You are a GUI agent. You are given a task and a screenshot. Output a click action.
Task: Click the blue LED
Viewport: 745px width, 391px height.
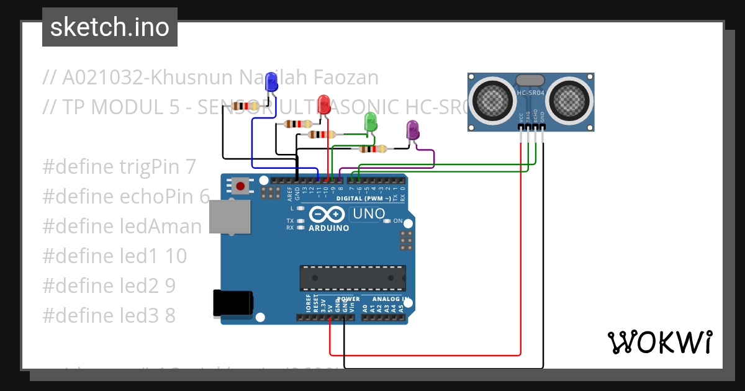coord(271,83)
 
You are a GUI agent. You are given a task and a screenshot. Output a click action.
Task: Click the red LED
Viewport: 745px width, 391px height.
coord(323,104)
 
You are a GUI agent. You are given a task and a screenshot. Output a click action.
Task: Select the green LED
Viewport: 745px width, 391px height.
coord(370,121)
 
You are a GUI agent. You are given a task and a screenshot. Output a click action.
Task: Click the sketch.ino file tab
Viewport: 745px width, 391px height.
coord(110,27)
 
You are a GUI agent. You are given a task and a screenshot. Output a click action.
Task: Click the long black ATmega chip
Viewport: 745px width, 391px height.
coord(353,278)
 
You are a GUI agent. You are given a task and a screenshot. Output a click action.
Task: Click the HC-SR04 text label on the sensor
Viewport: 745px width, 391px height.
coord(531,93)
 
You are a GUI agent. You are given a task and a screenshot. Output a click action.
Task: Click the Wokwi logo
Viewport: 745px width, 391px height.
coord(660,343)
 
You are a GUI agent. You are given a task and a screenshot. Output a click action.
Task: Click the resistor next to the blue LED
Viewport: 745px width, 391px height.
coord(245,106)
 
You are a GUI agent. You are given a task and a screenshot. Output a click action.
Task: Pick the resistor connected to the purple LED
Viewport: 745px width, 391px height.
coord(372,148)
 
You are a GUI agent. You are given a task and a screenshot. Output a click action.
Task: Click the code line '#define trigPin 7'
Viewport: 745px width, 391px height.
coord(119,166)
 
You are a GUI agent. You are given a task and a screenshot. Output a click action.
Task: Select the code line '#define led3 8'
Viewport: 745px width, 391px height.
coord(109,315)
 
